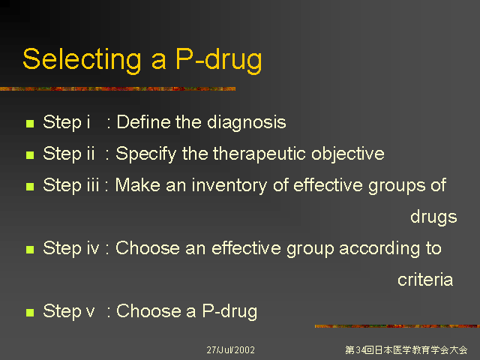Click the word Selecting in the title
coord(82,61)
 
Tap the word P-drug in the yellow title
coord(219,61)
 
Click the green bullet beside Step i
coord(30,124)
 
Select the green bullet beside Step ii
coord(30,155)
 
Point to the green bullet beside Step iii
coord(30,187)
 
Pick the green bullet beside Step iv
coord(30,250)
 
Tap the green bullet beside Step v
coord(30,313)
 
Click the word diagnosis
coord(247,123)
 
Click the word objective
coord(348,154)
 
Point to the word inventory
coord(229,186)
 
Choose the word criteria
coord(425,280)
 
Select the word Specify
coord(145,154)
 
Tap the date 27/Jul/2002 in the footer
coord(230,350)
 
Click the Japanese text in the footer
coord(406,350)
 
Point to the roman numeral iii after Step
coord(93,185)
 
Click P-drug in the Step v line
coord(229,312)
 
